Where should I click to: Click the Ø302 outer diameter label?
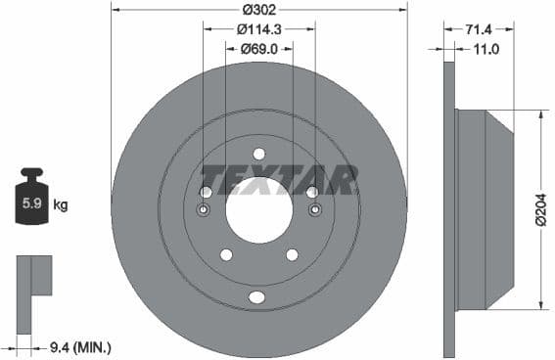pyautogui.click(x=258, y=10)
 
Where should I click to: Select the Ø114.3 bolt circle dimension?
pyautogui.click(x=258, y=29)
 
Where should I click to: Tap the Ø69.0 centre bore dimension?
pyautogui.click(x=259, y=48)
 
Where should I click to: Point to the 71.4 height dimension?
pyautogui.click(x=480, y=29)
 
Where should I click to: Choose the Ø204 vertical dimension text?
pyautogui.click(x=539, y=209)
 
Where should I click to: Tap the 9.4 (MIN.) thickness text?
pyautogui.click(x=79, y=346)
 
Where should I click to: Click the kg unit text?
pyautogui.click(x=61, y=205)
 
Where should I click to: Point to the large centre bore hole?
pyautogui.click(x=259, y=208)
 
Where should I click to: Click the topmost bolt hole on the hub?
pyautogui.click(x=259, y=154)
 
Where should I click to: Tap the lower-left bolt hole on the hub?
pyautogui.click(x=226, y=255)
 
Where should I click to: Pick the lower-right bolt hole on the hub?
pyautogui.click(x=292, y=255)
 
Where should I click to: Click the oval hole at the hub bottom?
pyautogui.click(x=257, y=297)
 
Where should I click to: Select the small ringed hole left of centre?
pyautogui.click(x=205, y=210)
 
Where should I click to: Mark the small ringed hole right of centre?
pyautogui.click(x=314, y=210)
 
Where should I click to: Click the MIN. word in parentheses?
pyautogui.click(x=93, y=346)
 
